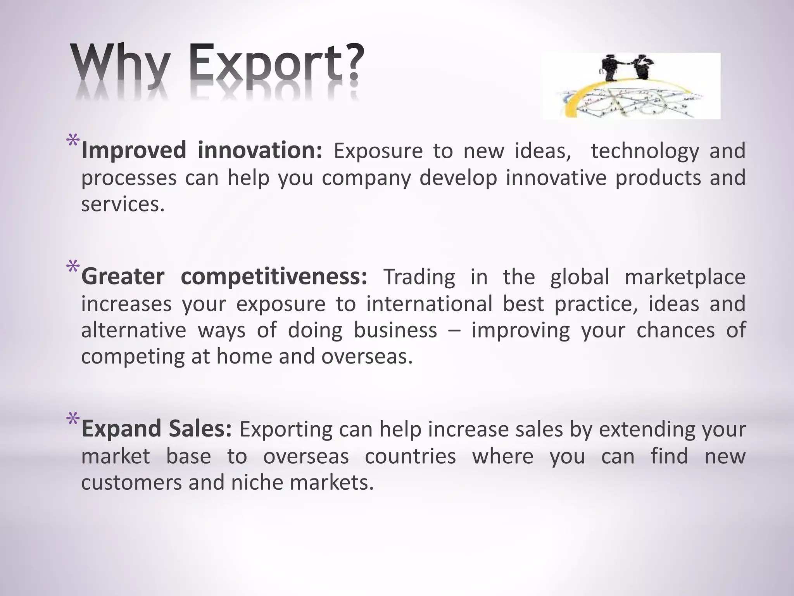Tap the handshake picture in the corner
[x=631, y=86]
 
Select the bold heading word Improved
[x=134, y=151]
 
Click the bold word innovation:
[x=260, y=151]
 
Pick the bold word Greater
[x=123, y=277]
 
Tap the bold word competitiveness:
[x=274, y=277]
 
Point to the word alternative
[x=134, y=330]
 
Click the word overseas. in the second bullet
[x=367, y=356]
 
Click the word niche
[x=257, y=483]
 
